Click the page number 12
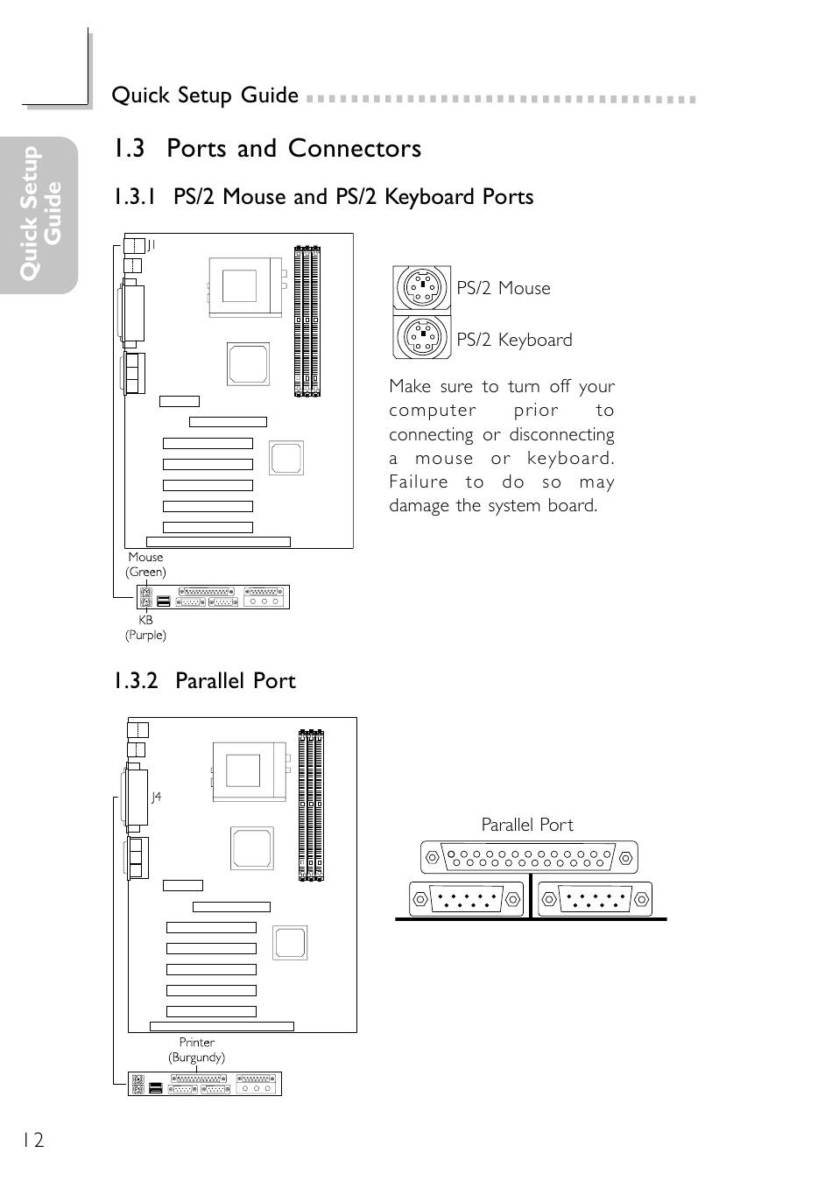[32, 1140]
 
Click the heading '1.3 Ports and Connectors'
[266, 149]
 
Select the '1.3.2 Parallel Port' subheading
[204, 681]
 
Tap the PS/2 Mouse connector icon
[422, 286]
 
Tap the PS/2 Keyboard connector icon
[422, 335]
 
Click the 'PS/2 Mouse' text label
[504, 288]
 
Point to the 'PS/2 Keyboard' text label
[514, 340]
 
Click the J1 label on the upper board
[151, 245]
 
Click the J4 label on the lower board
[156, 797]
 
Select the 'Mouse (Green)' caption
[145, 565]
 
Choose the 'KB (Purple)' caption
[145, 628]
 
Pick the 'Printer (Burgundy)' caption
[197, 1050]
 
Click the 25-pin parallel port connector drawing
[529, 857]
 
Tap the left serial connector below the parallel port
[465, 899]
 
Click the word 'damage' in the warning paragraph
[420, 506]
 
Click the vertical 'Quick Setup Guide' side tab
[41, 214]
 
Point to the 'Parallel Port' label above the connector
[527, 825]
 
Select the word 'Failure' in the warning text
[418, 482]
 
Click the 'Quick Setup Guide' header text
[205, 95]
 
